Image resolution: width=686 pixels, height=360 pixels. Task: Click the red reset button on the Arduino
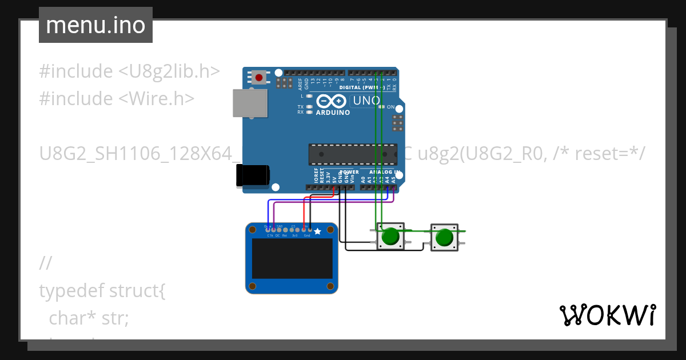point(259,77)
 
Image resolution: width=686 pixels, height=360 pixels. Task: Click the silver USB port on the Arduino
point(250,103)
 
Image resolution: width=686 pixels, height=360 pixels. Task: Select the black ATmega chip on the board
point(352,154)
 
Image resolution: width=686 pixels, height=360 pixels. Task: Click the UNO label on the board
point(366,101)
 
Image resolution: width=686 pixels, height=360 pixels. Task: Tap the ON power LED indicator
point(391,107)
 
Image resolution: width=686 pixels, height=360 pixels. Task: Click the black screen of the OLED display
point(292,258)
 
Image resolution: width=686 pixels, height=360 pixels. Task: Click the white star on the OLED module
point(317,231)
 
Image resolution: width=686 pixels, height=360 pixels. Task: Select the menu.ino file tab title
point(95,25)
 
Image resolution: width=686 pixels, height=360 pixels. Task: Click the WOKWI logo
point(607,315)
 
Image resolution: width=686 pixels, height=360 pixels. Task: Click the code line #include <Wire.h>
point(117,98)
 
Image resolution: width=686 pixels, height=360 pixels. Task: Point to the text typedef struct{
point(102,291)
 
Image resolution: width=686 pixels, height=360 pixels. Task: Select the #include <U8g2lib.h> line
point(129,71)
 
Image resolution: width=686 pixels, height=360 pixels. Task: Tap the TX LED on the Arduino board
point(309,107)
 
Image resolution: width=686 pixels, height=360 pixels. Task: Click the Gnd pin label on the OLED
point(307,235)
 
